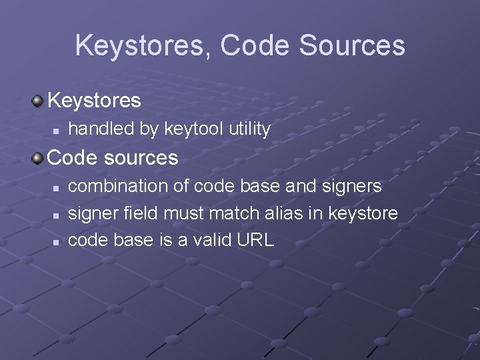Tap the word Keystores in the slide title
point(143,45)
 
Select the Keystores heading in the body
point(94,101)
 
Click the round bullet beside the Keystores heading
point(37,101)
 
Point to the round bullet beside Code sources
point(37,158)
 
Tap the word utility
point(249,129)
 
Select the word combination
point(120,186)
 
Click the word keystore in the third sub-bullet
point(364,213)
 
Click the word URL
point(255,240)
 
